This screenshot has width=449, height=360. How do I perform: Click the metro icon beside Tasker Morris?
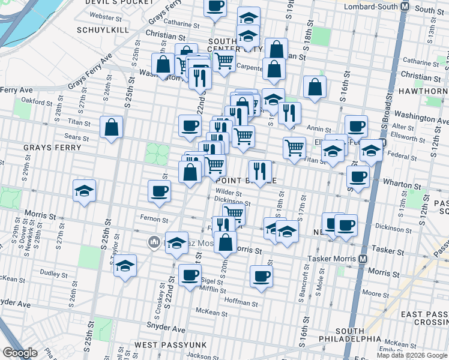363,259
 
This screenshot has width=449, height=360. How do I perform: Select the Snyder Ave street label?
166,329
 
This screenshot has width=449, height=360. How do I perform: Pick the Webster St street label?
101,16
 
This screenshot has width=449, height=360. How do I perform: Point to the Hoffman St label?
240,301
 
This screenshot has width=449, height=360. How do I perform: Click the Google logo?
20,352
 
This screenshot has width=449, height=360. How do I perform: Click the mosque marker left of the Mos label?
152,242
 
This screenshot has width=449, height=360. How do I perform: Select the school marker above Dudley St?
125,265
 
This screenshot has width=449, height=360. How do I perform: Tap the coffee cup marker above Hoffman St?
261,276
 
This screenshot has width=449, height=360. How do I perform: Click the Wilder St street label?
228,193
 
